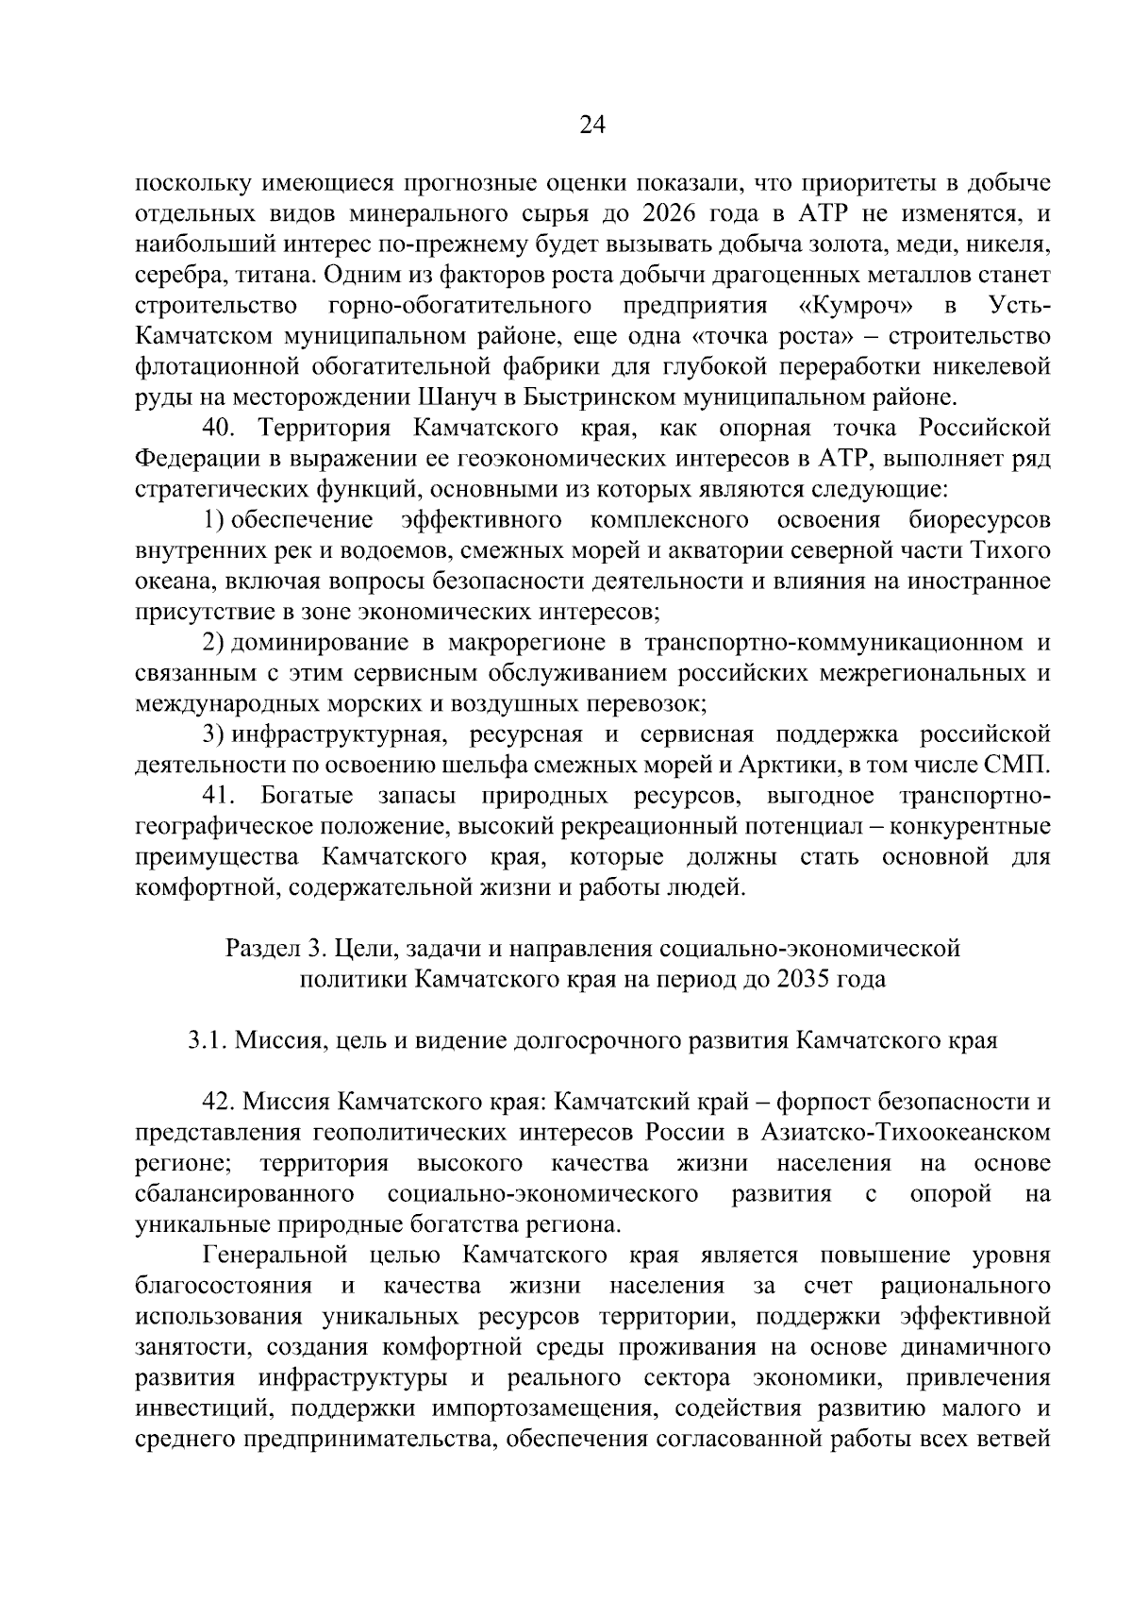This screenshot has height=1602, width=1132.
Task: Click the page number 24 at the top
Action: (x=591, y=126)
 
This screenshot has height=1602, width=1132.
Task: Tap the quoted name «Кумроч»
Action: (x=855, y=306)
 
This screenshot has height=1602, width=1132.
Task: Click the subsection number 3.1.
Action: (x=206, y=1040)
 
